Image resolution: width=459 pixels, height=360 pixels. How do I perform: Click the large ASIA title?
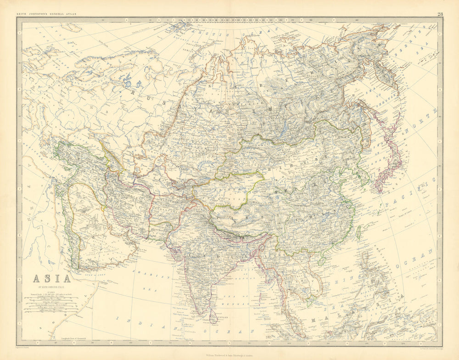pyautogui.click(x=51, y=278)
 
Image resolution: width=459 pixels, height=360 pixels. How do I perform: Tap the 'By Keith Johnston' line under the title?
pyautogui.click(x=51, y=286)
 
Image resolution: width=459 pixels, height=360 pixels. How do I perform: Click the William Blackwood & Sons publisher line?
pyautogui.click(x=229, y=354)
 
